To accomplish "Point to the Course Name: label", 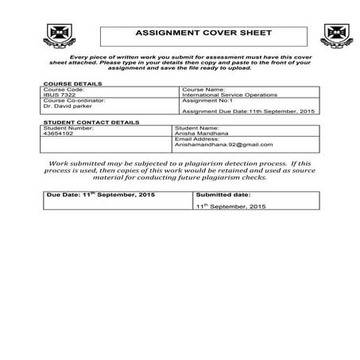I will [203, 90].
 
